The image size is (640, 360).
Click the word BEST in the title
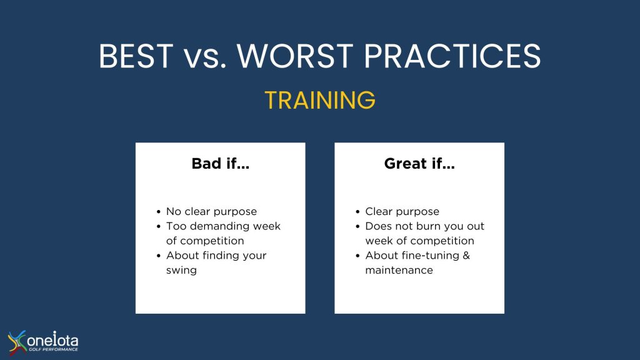tap(136, 56)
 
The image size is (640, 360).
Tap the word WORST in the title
tap(295, 56)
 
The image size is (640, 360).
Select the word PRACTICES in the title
tap(452, 56)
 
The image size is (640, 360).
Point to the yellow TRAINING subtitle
tap(320, 100)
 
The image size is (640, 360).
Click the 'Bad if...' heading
tap(221, 164)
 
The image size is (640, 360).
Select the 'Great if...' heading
tap(419, 164)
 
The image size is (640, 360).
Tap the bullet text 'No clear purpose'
tap(211, 211)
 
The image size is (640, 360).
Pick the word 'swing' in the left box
tap(181, 271)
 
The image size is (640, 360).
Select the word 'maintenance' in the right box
tap(399, 270)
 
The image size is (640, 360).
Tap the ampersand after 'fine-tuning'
tap(466, 256)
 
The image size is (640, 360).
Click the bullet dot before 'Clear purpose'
tap(357, 212)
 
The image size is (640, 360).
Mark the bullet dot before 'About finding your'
tap(158, 256)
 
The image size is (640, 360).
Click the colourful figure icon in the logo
tap(16, 342)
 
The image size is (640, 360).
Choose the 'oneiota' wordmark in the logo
tap(52, 339)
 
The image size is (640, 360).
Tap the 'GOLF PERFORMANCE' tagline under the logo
tap(53, 349)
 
